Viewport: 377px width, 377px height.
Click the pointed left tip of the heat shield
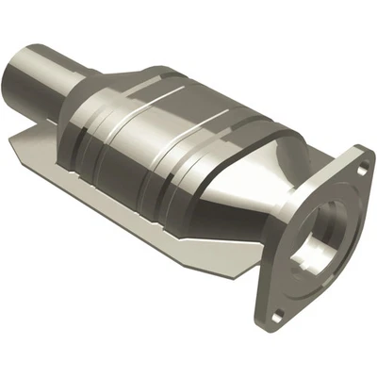click(12, 140)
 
